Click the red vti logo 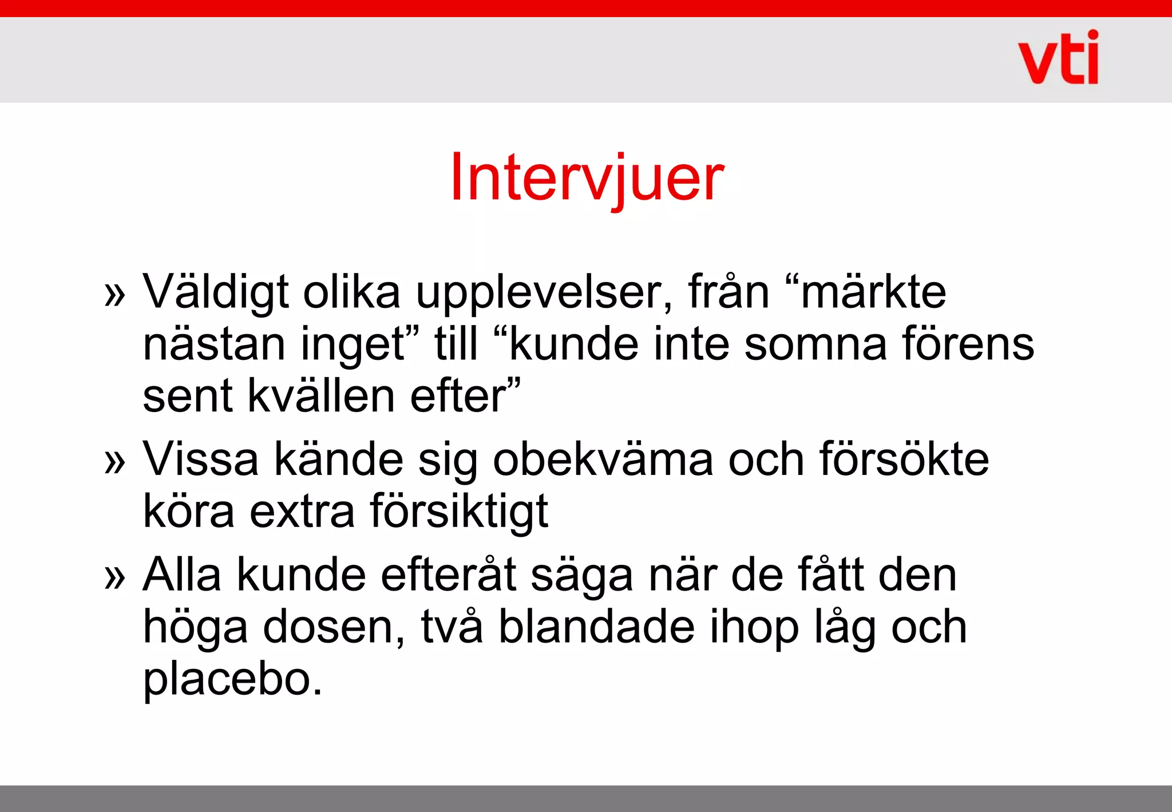(1058, 58)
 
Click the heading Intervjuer (587, 178)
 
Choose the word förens (968, 344)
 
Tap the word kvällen (321, 396)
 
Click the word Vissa (200, 460)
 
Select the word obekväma (603, 460)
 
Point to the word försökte (904, 460)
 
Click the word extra (302, 511)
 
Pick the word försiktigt (459, 511)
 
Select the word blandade (596, 627)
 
